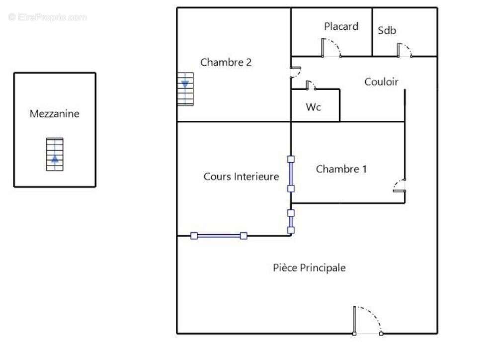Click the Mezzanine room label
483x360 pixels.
[x=54, y=114]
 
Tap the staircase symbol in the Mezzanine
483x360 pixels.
[x=55, y=154]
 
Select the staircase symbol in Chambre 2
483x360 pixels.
[x=185, y=89]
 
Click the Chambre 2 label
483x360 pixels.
[x=226, y=63]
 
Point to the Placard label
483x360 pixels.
[x=341, y=26]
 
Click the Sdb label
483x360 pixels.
[x=387, y=30]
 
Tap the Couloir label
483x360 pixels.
[x=381, y=82]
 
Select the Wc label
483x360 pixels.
[x=313, y=107]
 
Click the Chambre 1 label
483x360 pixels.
[x=341, y=169]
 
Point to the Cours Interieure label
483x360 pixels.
[x=241, y=177]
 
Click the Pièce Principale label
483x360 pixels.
[x=309, y=268]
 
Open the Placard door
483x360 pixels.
[x=330, y=49]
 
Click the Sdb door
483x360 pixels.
[x=404, y=50]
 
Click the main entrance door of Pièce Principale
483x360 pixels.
[x=368, y=321]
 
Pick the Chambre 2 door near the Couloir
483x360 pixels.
[x=295, y=72]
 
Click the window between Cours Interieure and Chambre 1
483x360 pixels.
[x=291, y=174]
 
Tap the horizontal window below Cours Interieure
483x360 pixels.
[x=219, y=236]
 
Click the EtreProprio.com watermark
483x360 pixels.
[x=47, y=17]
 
